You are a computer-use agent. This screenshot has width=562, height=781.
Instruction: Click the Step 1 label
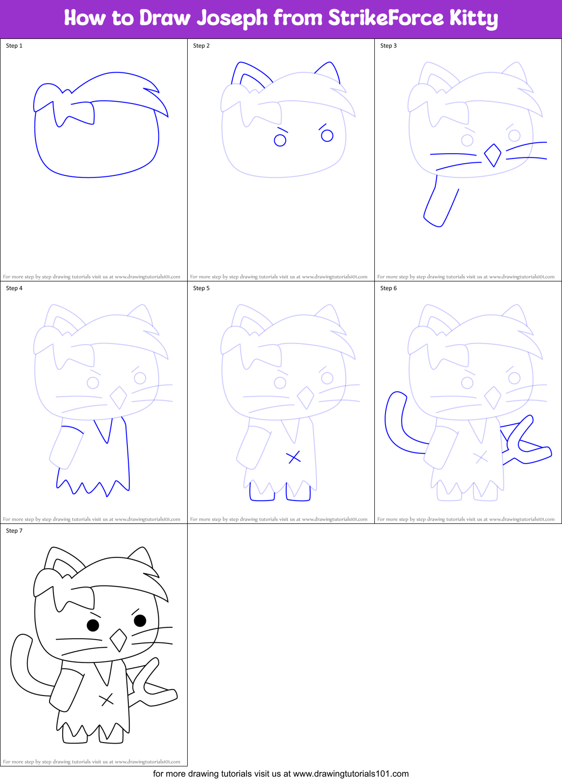[14, 46]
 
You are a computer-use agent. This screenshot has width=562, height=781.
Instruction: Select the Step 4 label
[14, 288]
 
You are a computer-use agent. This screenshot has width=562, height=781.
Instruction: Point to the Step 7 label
[14, 531]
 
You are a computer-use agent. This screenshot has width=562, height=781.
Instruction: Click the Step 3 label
[388, 46]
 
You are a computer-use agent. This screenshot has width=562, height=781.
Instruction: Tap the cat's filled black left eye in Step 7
[93, 625]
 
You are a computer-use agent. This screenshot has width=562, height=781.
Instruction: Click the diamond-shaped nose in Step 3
[492, 155]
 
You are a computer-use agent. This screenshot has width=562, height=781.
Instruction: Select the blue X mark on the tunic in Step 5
[293, 457]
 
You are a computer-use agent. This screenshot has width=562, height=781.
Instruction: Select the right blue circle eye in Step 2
[327, 136]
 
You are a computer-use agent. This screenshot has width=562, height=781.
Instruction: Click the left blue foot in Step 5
[262, 494]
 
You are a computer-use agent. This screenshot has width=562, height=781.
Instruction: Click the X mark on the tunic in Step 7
[106, 699]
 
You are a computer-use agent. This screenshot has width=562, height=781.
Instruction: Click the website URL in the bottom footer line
[351, 774]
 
